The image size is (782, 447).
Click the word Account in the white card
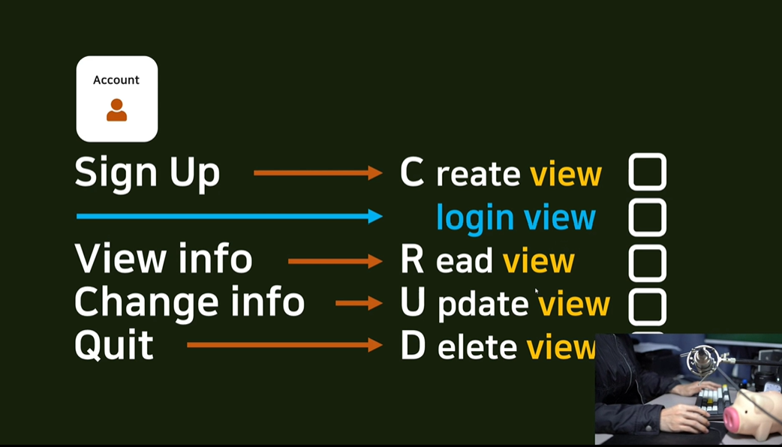[x=116, y=80]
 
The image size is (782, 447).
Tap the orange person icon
[x=116, y=109]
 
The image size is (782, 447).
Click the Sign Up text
[x=147, y=173]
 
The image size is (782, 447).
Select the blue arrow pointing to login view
[x=230, y=217]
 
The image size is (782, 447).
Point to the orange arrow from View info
[x=335, y=261]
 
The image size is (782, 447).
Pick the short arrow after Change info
[x=359, y=303]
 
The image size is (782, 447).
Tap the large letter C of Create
[x=412, y=173]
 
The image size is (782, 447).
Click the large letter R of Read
[x=412, y=260]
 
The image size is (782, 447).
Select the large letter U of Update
[x=412, y=303]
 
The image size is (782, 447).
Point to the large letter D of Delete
[x=413, y=346]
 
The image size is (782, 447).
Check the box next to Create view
[x=647, y=172]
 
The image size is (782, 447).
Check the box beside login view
[x=647, y=217]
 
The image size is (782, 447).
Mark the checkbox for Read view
[x=647, y=262]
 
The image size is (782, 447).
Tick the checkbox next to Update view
[x=647, y=307]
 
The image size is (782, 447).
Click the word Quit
[x=114, y=346]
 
